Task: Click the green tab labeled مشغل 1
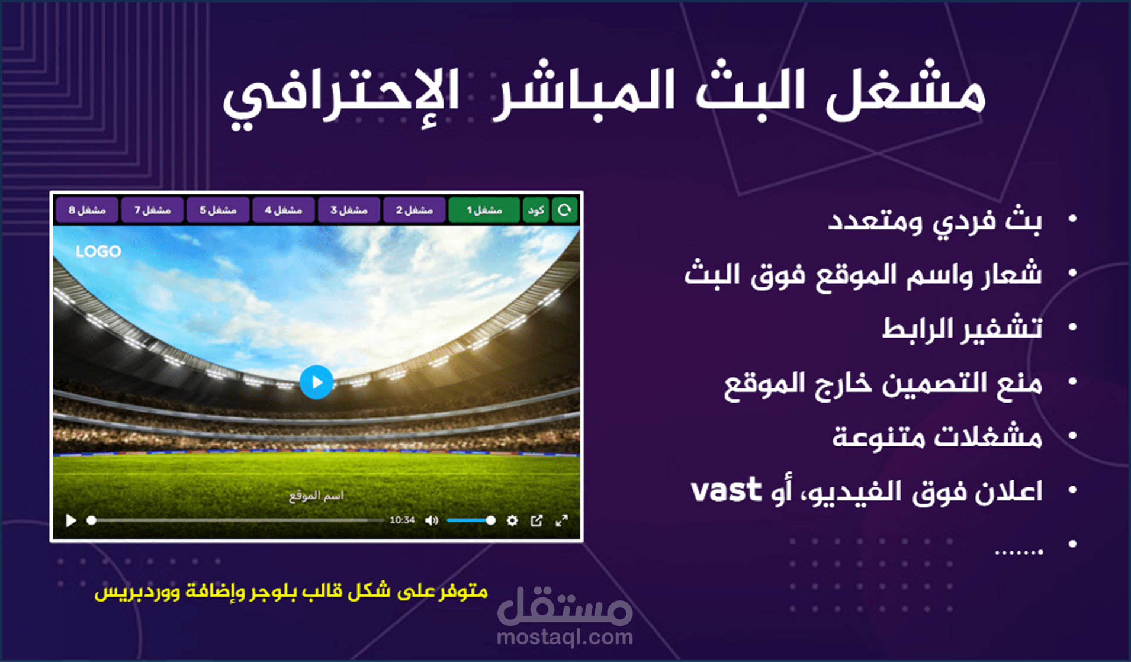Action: click(484, 210)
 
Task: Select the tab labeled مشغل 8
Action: click(87, 210)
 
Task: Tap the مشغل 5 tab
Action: click(218, 210)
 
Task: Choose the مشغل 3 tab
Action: click(349, 210)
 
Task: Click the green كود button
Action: click(536, 210)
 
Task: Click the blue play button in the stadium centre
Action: click(316, 383)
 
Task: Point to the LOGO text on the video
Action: click(98, 252)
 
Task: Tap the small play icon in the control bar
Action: click(71, 520)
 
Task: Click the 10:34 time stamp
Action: click(402, 520)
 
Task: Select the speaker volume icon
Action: click(432, 520)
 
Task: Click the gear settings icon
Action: click(512, 520)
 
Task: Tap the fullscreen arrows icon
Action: click(562, 520)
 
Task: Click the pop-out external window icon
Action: click(536, 520)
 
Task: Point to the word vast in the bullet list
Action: click(726, 490)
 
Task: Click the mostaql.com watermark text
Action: click(565, 637)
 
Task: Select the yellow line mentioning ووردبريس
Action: click(291, 592)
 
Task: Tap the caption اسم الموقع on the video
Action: click(316, 496)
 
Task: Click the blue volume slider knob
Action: click(490, 520)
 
